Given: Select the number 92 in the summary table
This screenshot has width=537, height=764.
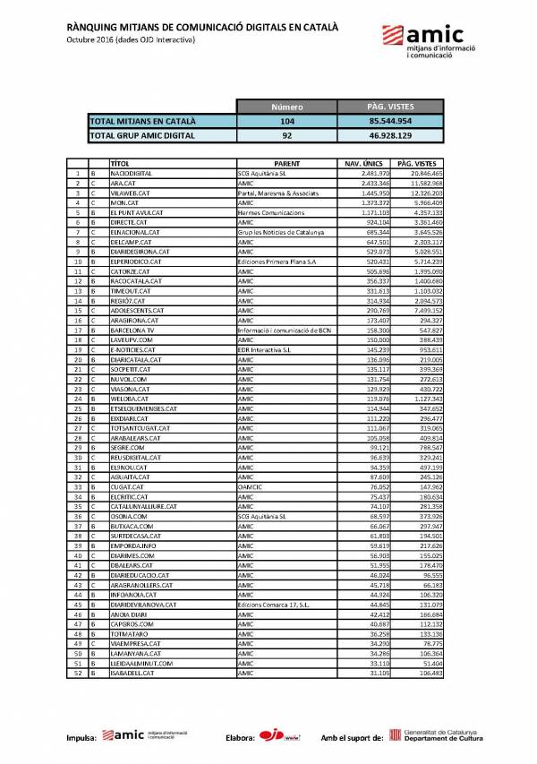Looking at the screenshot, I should (287, 135).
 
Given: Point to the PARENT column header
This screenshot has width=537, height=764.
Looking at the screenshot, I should (287, 164).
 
